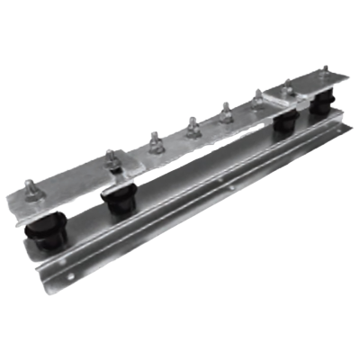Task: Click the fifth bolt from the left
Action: tap(226, 110)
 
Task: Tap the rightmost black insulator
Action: tap(321, 106)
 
